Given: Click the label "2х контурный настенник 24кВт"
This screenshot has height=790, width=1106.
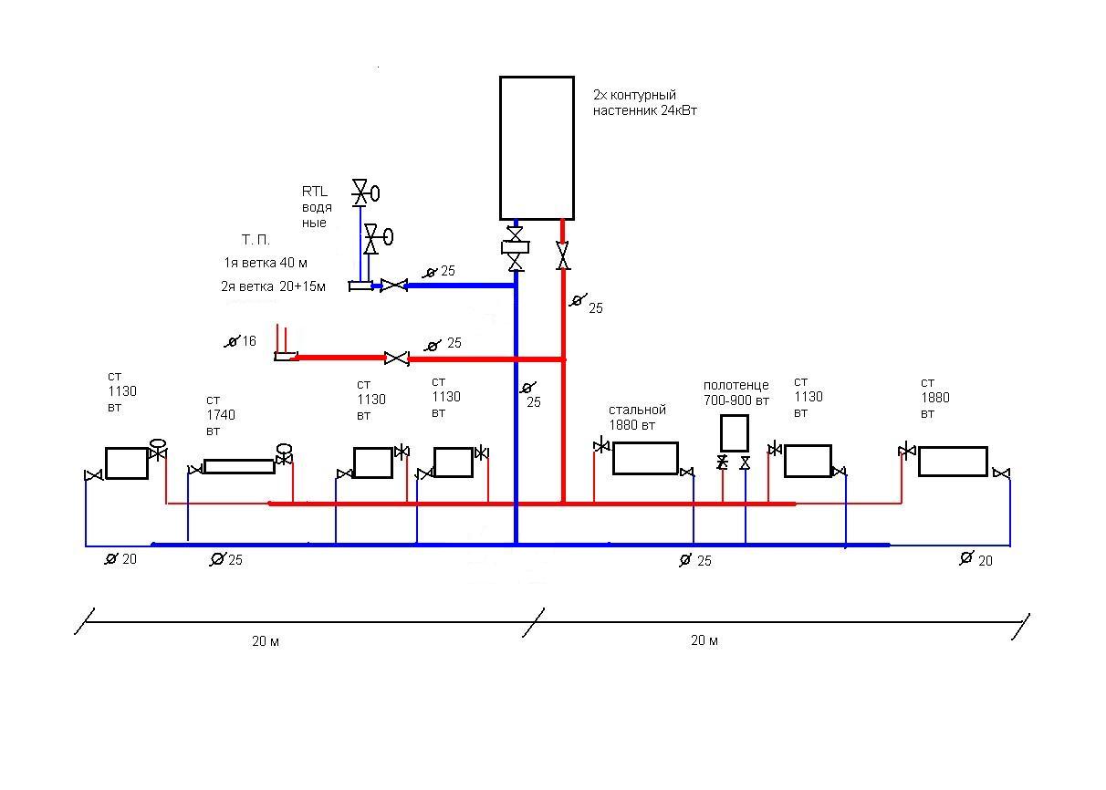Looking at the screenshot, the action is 644,102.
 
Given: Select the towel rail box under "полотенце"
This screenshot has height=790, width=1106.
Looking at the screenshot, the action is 735,433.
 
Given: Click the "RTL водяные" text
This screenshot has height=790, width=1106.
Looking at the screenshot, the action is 316,207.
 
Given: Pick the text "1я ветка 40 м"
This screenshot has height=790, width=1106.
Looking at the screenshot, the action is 266,263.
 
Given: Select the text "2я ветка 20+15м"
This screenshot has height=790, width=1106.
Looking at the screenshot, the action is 273,286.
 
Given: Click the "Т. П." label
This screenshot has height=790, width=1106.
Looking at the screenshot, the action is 256,240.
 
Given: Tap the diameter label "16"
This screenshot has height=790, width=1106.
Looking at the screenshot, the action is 249,341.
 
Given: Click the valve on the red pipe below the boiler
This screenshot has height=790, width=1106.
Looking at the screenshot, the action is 562,255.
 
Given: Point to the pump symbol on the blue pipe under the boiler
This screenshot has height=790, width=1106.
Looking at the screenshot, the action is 515,246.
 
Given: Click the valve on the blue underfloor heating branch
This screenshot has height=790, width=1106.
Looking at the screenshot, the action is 394,286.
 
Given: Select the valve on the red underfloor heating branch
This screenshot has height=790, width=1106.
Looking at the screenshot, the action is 396,359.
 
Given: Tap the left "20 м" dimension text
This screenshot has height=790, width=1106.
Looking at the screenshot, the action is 266,641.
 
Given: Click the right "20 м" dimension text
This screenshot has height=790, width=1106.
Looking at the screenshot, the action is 704,640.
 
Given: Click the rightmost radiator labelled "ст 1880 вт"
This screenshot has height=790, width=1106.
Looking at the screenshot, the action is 953,462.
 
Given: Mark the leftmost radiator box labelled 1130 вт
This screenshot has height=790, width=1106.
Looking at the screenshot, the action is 127,463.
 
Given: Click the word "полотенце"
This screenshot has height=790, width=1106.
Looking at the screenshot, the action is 736,385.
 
